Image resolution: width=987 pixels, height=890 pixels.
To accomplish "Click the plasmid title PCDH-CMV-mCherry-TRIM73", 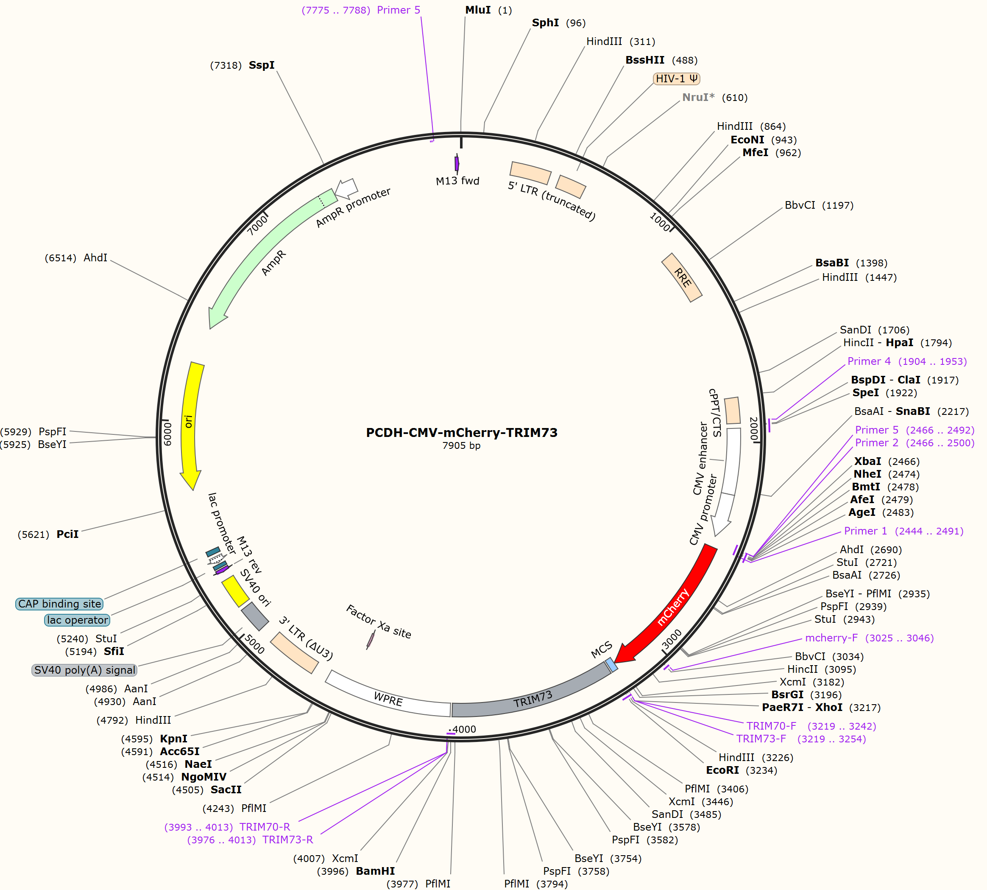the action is (462, 432).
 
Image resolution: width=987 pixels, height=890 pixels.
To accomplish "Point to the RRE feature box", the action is (682, 277).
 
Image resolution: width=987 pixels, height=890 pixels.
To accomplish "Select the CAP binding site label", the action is (60, 604).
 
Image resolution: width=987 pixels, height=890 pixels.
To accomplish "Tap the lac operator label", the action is (77, 620).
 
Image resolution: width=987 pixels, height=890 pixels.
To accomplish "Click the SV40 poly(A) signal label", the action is (84, 670).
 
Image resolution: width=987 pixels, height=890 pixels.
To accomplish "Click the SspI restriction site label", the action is (243, 65).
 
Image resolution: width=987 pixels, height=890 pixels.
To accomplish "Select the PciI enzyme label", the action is (48, 534).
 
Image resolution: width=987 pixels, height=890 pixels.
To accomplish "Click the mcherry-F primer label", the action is (869, 638).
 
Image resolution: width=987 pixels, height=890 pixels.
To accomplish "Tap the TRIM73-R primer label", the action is (250, 840).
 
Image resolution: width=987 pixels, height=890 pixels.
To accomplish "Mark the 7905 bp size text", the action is (461, 445).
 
